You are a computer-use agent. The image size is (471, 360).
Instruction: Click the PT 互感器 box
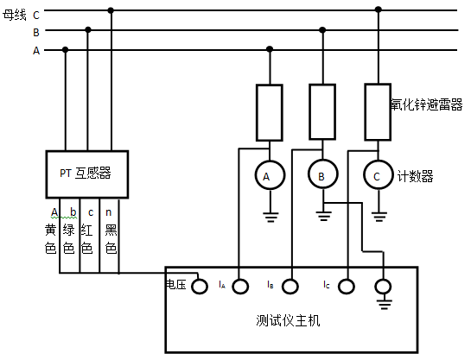pyautogui.click(x=86, y=174)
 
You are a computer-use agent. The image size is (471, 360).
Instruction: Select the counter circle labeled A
pyautogui.click(x=267, y=176)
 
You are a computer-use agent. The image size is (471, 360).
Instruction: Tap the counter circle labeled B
pyautogui.click(x=321, y=176)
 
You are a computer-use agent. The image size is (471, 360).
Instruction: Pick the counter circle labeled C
pyautogui.click(x=376, y=176)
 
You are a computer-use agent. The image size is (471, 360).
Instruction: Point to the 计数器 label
pyautogui.click(x=416, y=176)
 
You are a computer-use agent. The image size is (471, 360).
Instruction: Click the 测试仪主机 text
pyautogui.click(x=289, y=320)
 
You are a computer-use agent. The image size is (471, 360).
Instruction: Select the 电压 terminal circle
pyautogui.click(x=199, y=284)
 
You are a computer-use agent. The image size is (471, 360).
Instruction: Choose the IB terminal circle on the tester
pyautogui.click(x=290, y=284)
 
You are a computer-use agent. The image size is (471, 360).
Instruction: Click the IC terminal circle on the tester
pyautogui.click(x=346, y=284)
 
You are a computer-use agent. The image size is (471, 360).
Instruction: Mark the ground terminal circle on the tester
pyautogui.click(x=384, y=284)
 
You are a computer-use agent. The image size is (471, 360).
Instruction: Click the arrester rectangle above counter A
pyautogui.click(x=269, y=112)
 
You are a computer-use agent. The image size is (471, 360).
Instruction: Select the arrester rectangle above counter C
pyautogui.click(x=377, y=111)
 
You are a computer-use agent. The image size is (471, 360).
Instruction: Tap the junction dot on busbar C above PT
pyautogui.click(x=110, y=11)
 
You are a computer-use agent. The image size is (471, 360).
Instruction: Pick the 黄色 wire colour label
pyautogui.click(x=51, y=239)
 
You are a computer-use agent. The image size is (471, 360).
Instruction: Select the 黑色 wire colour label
pyautogui.click(x=111, y=239)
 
